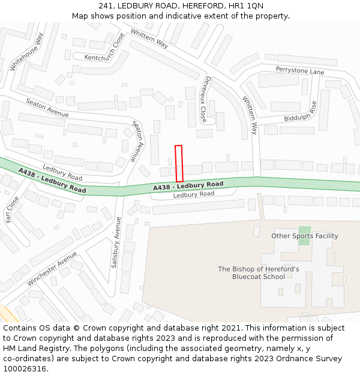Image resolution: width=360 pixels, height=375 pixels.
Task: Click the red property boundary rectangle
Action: click(x=179, y=163)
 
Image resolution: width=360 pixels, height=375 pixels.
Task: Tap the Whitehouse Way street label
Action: click(x=27, y=52)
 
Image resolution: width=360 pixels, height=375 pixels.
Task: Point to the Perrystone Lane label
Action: click(x=300, y=71)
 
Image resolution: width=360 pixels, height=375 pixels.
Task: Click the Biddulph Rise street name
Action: click(x=301, y=112)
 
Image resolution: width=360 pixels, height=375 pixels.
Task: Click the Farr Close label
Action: click(x=13, y=209)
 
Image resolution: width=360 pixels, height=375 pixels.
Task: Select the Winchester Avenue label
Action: click(x=52, y=268)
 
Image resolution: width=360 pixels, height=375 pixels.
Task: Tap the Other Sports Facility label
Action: click(x=305, y=236)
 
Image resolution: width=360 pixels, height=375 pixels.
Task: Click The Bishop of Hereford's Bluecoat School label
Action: click(x=259, y=273)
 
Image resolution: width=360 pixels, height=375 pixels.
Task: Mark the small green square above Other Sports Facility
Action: click(x=305, y=231)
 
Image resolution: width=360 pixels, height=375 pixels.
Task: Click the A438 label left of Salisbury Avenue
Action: click(x=52, y=181)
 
